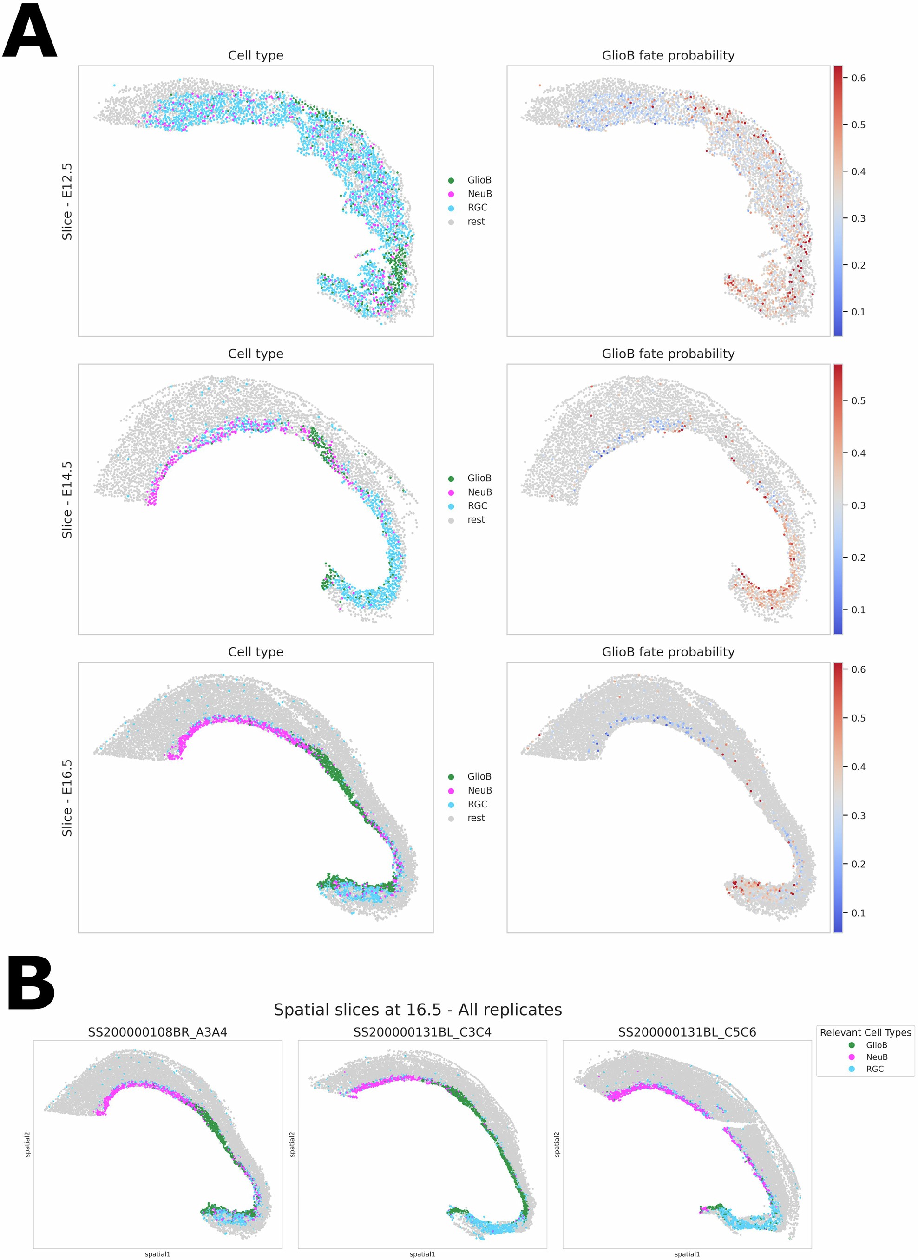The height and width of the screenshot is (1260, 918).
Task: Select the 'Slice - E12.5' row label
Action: tap(67, 201)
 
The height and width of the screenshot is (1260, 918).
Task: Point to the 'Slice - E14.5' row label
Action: tap(67, 499)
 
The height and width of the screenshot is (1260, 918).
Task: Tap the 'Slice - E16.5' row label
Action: tap(67, 798)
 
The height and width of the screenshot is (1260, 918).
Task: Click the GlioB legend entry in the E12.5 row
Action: tap(479, 180)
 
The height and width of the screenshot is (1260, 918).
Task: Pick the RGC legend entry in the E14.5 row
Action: tap(477, 506)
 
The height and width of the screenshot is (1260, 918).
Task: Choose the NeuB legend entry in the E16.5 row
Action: tap(479, 791)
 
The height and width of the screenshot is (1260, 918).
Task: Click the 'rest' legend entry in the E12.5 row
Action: tap(475, 222)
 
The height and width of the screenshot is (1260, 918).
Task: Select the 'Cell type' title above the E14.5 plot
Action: tap(256, 354)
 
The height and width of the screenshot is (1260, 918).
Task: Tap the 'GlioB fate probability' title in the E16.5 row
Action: tap(668, 652)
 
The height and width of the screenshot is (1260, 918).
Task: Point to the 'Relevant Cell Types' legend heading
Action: tap(865, 1033)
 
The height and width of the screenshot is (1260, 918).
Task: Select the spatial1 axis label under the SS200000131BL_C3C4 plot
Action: tap(422, 1254)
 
